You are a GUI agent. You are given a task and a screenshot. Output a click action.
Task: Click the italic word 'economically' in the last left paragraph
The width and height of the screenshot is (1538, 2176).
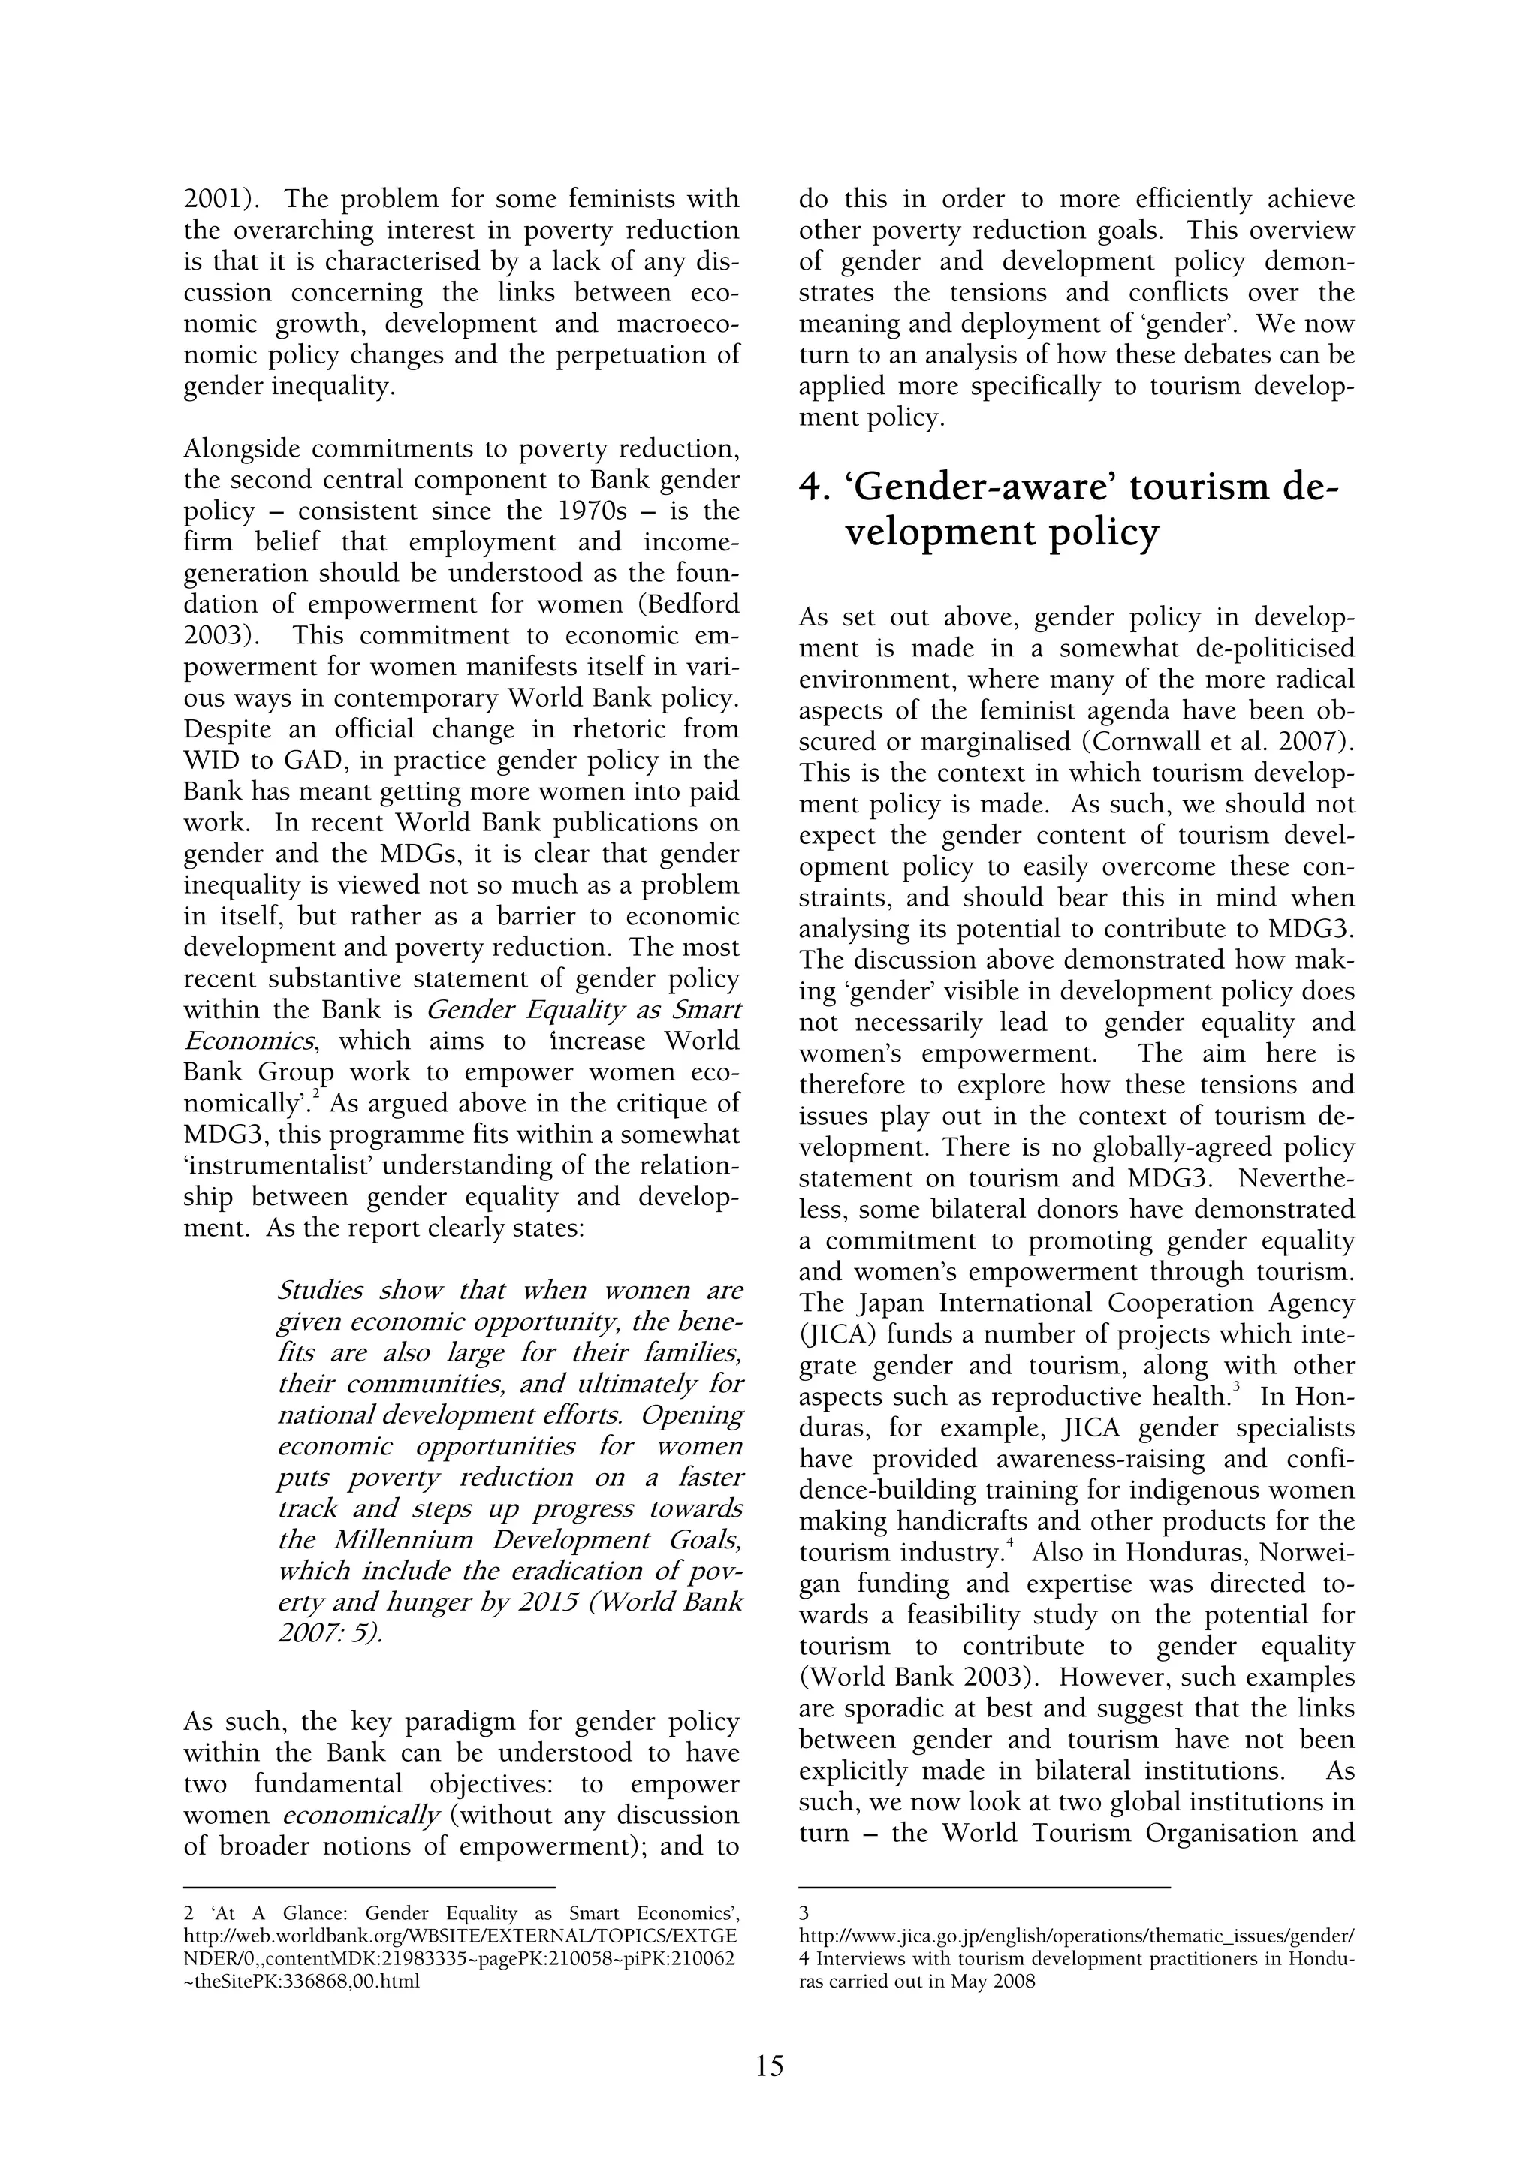pos(361,1816)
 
